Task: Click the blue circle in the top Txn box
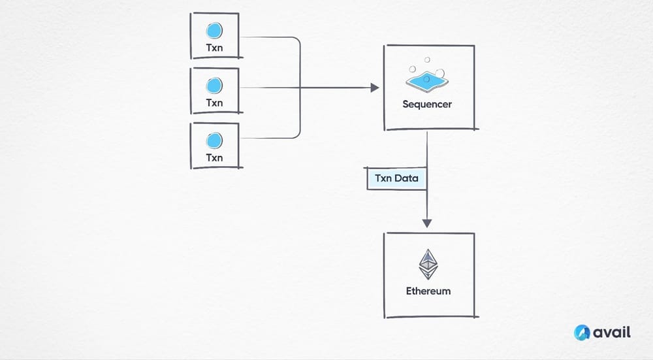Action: pyautogui.click(x=214, y=30)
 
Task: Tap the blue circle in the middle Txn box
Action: pyautogui.click(x=214, y=85)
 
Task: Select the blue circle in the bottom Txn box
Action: pyautogui.click(x=214, y=140)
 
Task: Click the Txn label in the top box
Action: pyautogui.click(x=214, y=48)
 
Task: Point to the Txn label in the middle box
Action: pyautogui.click(x=214, y=103)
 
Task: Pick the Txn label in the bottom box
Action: pyautogui.click(x=214, y=157)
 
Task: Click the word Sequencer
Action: pyautogui.click(x=427, y=104)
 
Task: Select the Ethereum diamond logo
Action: pyautogui.click(x=428, y=265)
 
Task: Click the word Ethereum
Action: pyautogui.click(x=428, y=291)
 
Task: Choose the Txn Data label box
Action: pyautogui.click(x=396, y=178)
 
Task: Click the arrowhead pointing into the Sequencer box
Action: pyautogui.click(x=375, y=88)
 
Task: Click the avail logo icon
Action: pyautogui.click(x=582, y=333)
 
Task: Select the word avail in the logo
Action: pyautogui.click(x=613, y=333)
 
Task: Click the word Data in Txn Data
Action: pyautogui.click(x=408, y=178)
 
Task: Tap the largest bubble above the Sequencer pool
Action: pyautogui.click(x=440, y=73)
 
